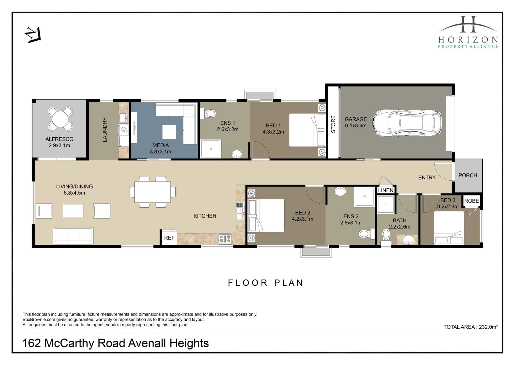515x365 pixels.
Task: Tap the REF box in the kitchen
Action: [x=169, y=238]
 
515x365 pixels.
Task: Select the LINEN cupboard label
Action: [x=386, y=190]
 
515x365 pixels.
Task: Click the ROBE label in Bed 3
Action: [x=472, y=201]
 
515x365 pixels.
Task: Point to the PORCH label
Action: [x=468, y=175]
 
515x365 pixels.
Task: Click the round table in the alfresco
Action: [x=60, y=119]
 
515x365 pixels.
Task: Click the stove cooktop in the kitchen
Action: [x=225, y=239]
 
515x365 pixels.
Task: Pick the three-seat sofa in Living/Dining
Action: [x=73, y=235]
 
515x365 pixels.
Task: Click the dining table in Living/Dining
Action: [x=152, y=192]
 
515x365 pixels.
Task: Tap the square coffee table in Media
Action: [x=169, y=132]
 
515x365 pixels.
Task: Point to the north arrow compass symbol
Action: [x=33, y=35]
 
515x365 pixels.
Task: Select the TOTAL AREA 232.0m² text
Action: [x=471, y=327]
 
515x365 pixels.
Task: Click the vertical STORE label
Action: [x=333, y=124]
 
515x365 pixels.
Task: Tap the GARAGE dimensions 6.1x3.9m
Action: [x=356, y=126]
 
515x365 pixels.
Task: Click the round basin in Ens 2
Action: [x=340, y=191]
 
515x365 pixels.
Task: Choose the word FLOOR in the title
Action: [x=248, y=283]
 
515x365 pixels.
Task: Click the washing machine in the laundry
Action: [x=124, y=130]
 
